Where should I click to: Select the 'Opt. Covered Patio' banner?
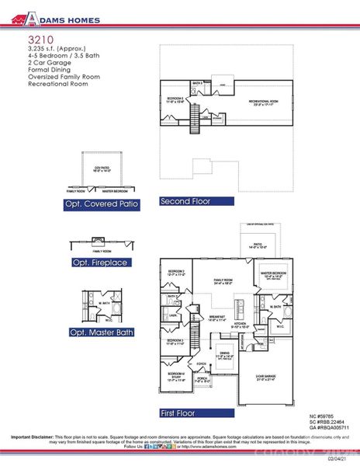102,205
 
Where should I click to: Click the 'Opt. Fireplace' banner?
100,263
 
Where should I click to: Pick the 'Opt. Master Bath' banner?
102,332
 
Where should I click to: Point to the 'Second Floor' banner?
185,201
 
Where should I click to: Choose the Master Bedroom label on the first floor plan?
276,274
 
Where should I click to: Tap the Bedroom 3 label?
174,341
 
